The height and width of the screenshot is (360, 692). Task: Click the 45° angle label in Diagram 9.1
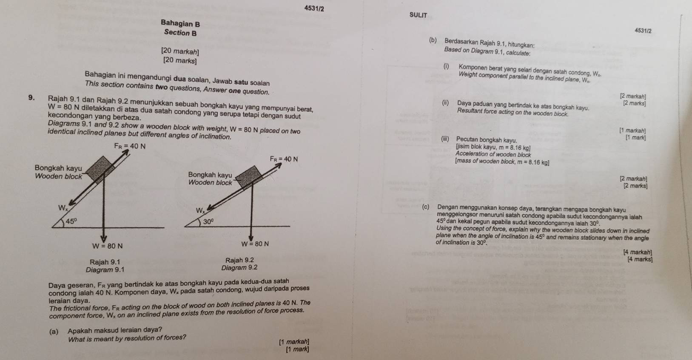coord(71,221)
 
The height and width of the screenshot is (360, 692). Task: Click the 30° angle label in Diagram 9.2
coord(208,221)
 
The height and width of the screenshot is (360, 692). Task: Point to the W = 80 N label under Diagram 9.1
coord(108,246)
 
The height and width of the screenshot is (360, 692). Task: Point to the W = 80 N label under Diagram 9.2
coord(255,244)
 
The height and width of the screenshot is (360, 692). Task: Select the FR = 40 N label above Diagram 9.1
coord(130,147)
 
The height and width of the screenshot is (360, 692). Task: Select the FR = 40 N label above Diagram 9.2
coord(284,159)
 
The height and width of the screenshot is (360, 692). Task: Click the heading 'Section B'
coord(180,33)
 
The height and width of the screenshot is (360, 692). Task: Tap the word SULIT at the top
coord(418,15)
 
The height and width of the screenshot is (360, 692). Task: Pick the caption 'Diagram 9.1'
coord(105,269)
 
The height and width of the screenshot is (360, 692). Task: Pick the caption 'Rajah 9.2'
coord(239,260)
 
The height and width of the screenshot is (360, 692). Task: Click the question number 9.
coord(31,98)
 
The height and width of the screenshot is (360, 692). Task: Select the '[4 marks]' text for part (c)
coord(639,259)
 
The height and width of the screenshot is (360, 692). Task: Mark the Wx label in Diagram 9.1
coord(63,208)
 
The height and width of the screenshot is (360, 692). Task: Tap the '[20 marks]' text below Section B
coord(179,61)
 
